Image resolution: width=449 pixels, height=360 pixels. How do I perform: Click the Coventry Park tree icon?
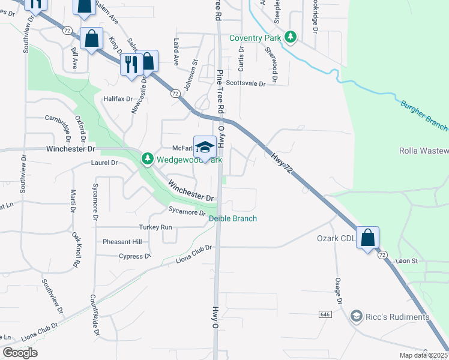[x=291, y=38]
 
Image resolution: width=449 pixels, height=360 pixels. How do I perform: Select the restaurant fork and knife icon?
[x=130, y=64]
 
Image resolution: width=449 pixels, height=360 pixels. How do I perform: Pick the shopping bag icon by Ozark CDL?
[x=367, y=238]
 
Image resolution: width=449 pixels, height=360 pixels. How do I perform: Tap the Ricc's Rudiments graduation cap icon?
[x=357, y=316]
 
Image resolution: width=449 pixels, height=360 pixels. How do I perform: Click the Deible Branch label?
[x=233, y=218]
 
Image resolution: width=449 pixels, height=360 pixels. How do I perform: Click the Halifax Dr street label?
[x=118, y=98]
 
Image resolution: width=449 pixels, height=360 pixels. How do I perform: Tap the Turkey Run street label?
[x=155, y=227]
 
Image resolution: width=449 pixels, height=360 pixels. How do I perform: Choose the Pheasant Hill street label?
[x=122, y=242]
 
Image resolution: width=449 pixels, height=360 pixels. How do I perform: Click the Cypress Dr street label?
[x=135, y=256]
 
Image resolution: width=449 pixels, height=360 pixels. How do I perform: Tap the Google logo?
[x=20, y=353]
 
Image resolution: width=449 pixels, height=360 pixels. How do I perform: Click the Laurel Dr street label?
[x=105, y=163]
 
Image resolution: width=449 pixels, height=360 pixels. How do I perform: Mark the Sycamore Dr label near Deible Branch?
[x=187, y=212]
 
